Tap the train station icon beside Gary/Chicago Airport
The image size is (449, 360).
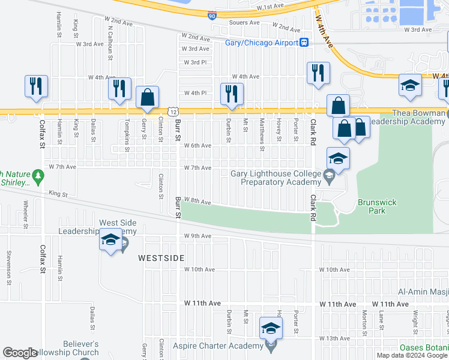pos(304,43)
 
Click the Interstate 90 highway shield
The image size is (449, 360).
pos(213,16)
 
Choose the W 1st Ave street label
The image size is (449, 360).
pos(269,6)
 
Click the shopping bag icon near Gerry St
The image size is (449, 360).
pos(147,98)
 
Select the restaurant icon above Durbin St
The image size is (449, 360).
pos(231,93)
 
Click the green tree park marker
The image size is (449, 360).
pos(39,176)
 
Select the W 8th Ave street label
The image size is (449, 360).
pos(197,202)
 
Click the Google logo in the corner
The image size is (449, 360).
pos(20,353)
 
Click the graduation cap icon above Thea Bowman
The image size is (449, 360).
pos(410,85)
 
